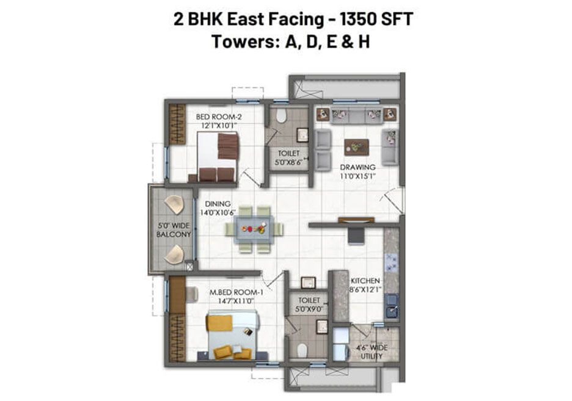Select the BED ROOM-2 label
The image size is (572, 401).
coord(219,117)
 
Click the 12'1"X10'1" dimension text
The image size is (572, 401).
coord(219,126)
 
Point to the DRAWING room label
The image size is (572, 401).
coord(358,167)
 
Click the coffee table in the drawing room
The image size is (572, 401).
coord(356,147)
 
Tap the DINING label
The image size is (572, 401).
coord(218,204)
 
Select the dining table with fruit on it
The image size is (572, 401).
coord(254,229)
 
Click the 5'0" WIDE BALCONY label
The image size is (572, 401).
coord(174,230)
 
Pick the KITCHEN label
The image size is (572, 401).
coord(365,281)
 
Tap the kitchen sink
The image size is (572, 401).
coord(392,306)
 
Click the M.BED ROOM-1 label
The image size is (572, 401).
coord(237,292)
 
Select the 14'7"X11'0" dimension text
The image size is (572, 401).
coord(236,301)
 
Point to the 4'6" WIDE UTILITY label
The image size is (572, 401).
coord(372,352)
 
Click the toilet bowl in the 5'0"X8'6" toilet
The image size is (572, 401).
coord(281,116)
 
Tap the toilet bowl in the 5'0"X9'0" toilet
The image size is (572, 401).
coord(302,351)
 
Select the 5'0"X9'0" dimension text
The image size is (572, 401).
coord(309,309)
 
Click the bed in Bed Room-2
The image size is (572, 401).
coord(218,157)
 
